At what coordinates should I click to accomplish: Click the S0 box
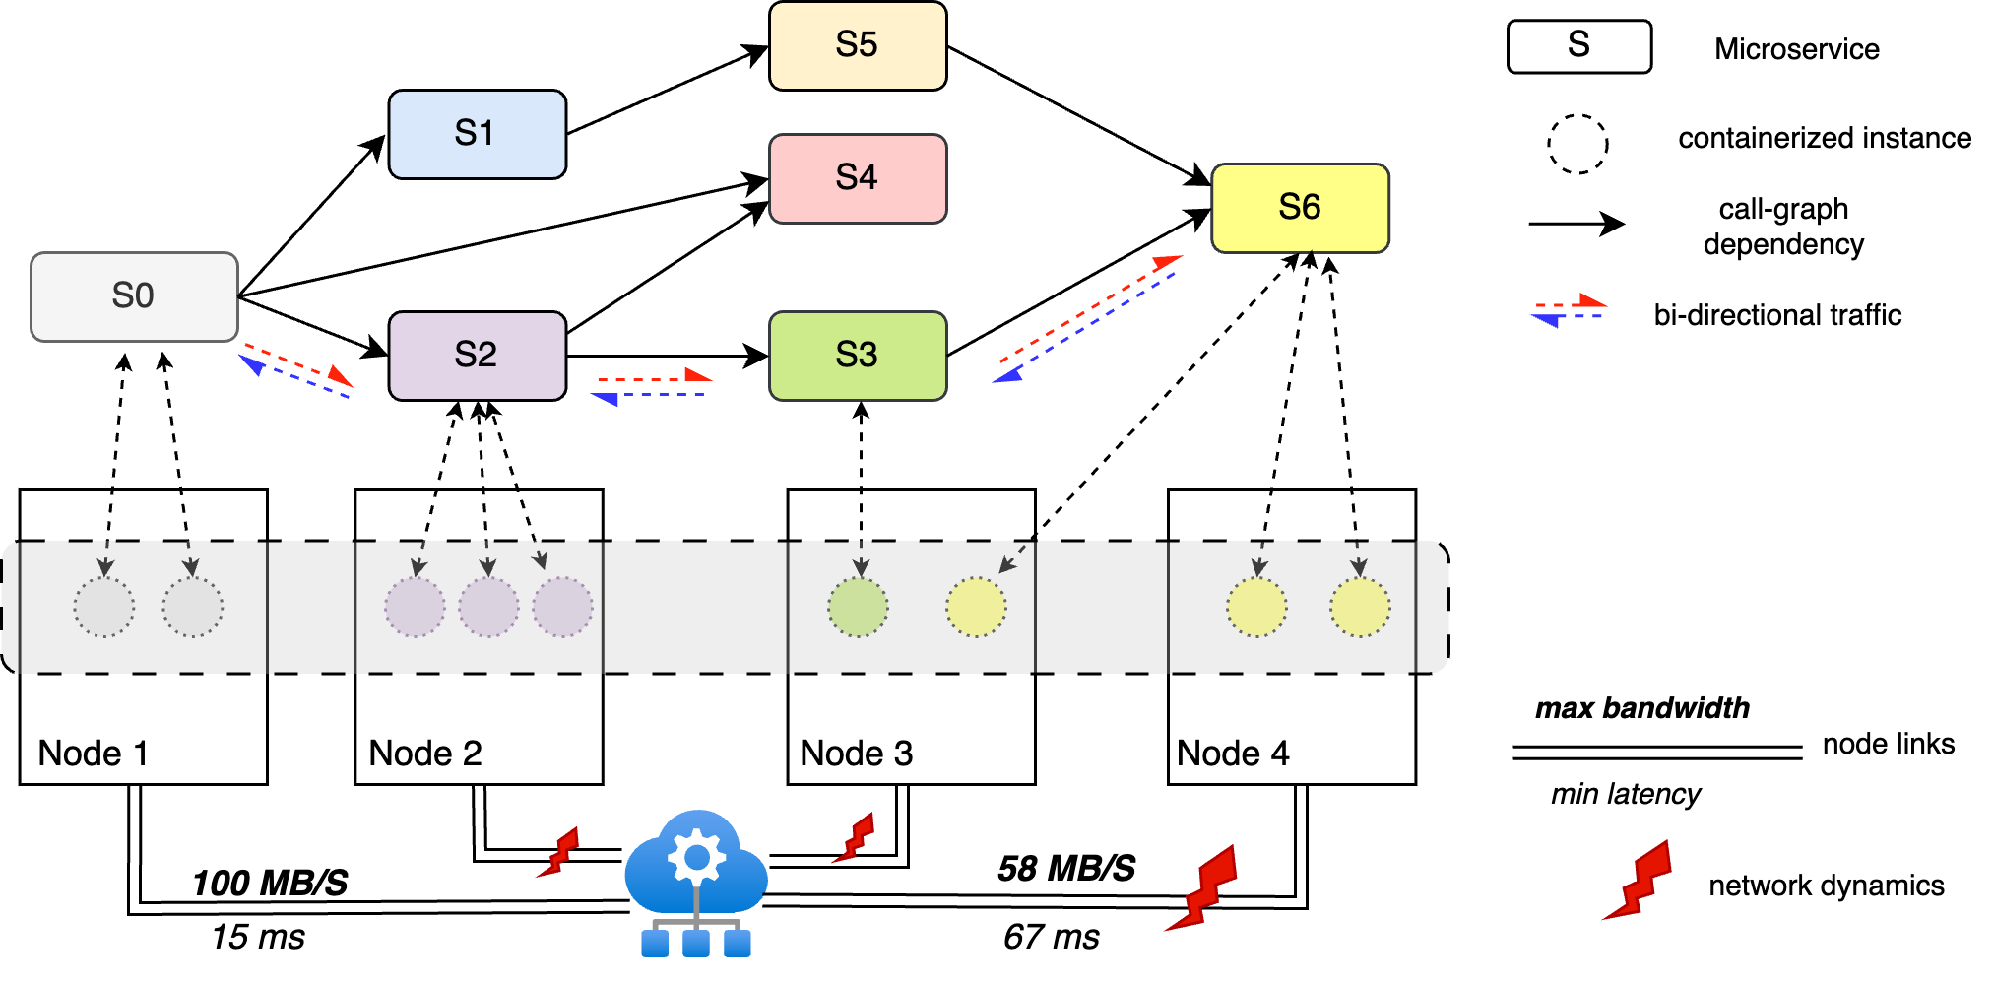134,296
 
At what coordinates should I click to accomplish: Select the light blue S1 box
477,134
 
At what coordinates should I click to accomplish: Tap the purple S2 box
477,356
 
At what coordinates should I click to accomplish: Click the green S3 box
857,356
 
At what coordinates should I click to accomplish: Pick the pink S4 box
857,178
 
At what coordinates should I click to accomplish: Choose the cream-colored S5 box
857,45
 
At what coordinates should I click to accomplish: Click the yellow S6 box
1300,208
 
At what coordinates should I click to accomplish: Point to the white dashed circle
1577,145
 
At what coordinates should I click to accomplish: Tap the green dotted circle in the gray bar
858,608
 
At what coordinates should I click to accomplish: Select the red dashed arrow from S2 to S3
654,377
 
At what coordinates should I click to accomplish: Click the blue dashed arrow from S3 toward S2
650,396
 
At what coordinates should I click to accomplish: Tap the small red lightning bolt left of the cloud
558,853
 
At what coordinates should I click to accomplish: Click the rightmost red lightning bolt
1639,882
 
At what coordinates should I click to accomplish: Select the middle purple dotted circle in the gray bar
488,608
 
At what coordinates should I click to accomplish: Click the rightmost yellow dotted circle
1360,608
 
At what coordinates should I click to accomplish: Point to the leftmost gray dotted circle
103,608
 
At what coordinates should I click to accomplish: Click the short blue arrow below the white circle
1568,317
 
